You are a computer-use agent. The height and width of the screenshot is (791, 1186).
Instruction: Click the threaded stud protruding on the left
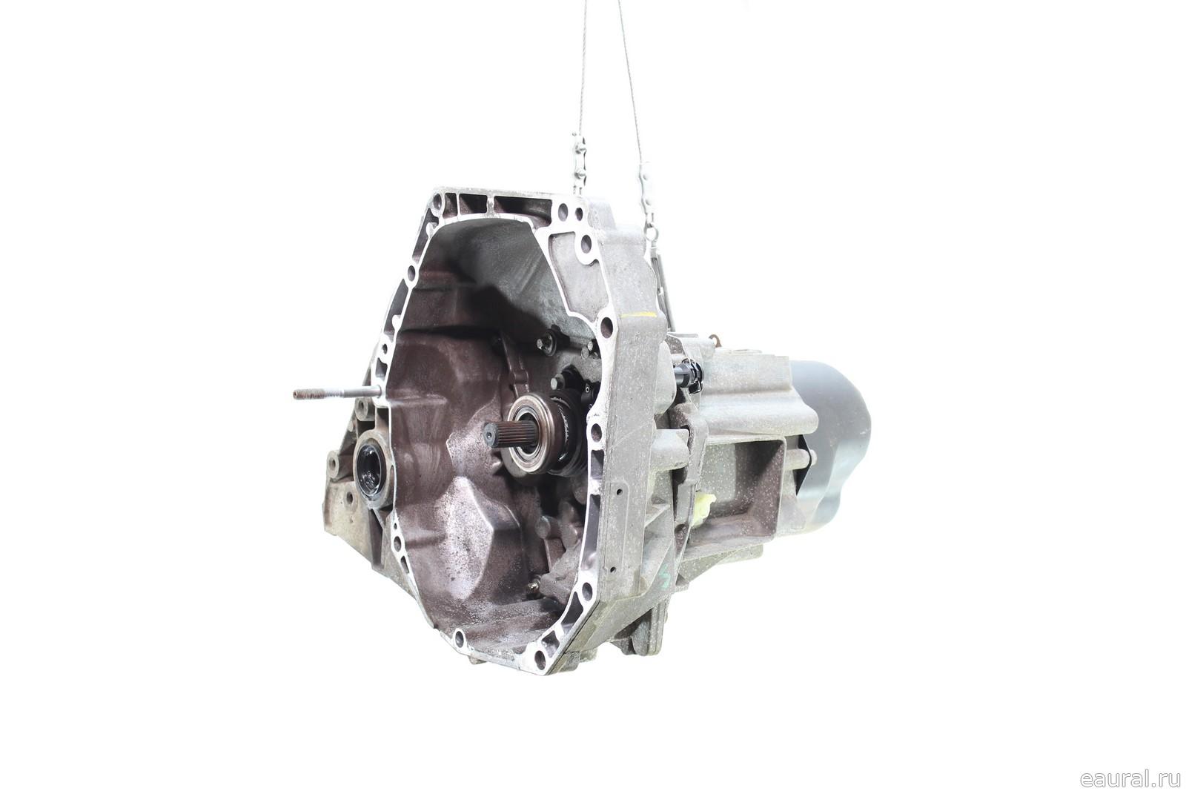point(337,393)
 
